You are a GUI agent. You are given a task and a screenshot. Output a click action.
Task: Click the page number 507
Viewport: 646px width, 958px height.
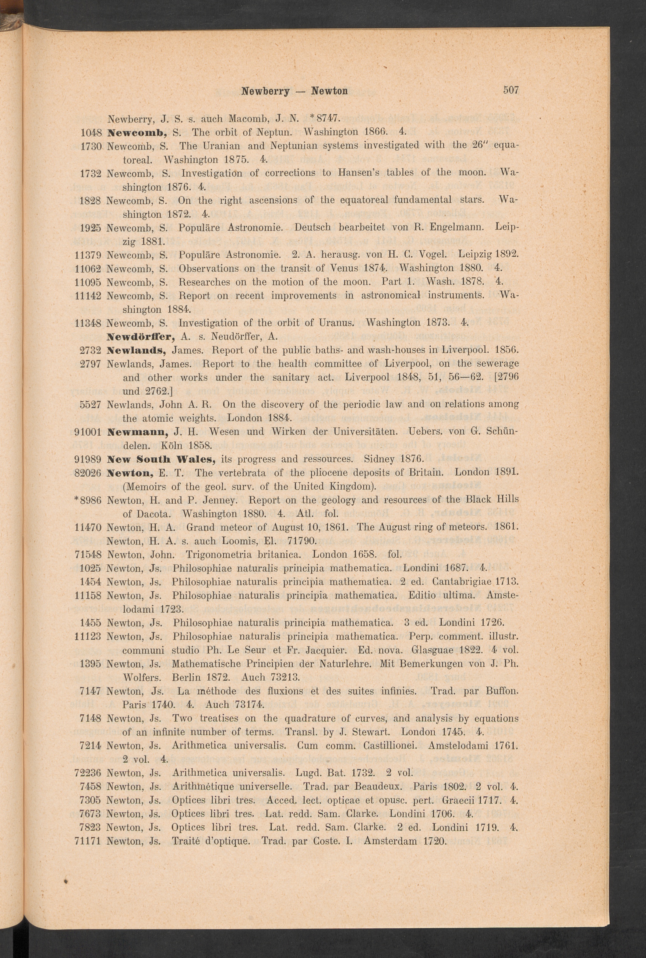pos(510,90)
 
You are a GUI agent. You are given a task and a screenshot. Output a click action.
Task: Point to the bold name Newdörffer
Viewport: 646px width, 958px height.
pos(142,336)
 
